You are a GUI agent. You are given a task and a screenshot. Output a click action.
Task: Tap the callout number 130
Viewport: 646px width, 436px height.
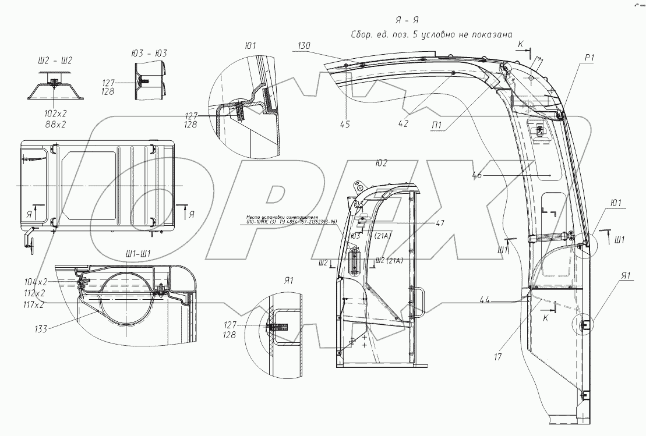tap(304, 45)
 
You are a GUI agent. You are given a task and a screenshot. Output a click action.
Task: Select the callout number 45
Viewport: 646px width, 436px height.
tap(345, 123)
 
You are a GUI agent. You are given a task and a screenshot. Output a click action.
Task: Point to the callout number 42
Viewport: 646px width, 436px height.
tap(403, 123)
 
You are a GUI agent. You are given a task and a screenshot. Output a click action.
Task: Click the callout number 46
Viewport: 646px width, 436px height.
tap(477, 173)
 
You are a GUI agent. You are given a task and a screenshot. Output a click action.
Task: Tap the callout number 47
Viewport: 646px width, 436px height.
tap(439, 223)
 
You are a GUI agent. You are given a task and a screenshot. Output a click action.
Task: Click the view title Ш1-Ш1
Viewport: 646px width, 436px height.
tap(139, 254)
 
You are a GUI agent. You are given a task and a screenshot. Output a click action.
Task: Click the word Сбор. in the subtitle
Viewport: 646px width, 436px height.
tap(365, 34)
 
